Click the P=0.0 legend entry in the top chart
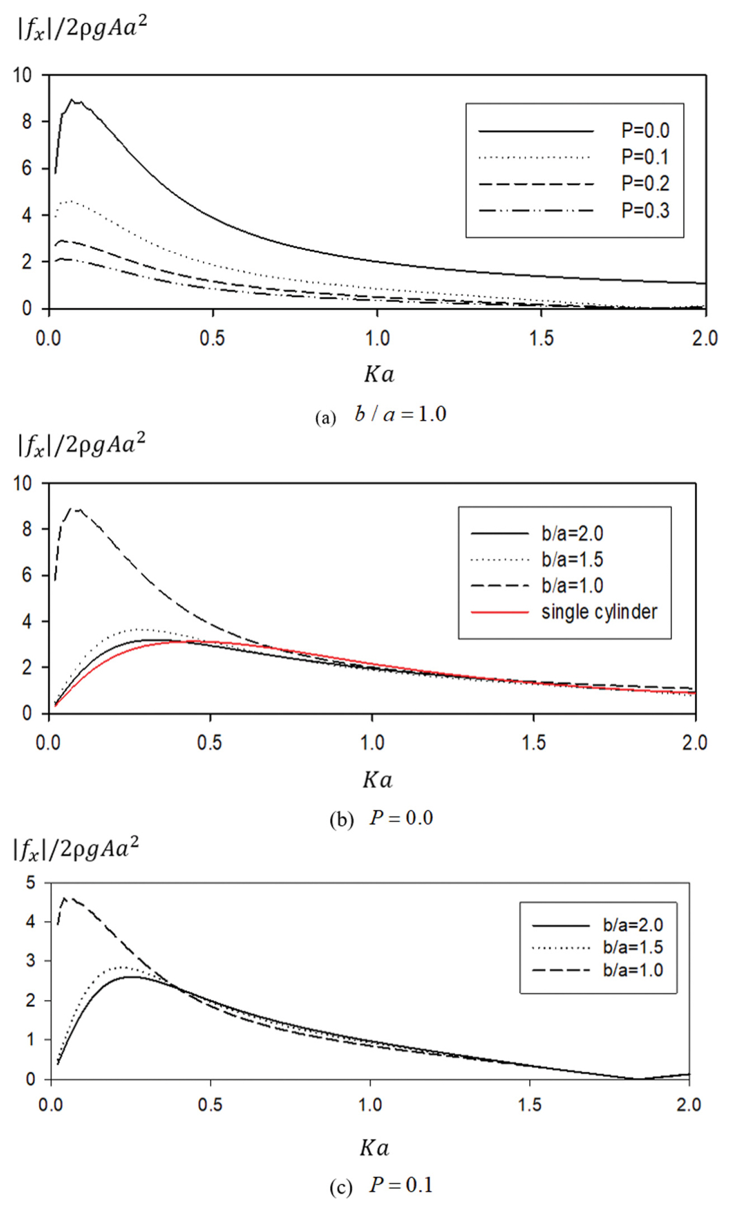click(x=645, y=131)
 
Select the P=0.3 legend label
click(x=645, y=211)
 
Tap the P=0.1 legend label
click(x=645, y=157)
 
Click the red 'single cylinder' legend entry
click(x=599, y=612)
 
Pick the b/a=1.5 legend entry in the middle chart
click(x=572, y=559)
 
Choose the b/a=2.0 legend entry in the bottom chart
click(x=633, y=925)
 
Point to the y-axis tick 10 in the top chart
click(x=22, y=76)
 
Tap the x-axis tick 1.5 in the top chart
click(x=541, y=339)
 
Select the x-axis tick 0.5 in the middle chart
click(x=210, y=743)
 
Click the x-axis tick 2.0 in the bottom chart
click(x=689, y=1105)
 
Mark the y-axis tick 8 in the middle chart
click(x=27, y=529)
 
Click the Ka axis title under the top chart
click(x=379, y=374)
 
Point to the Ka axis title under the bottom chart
click(x=375, y=1148)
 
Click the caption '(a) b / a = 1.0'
click(x=381, y=415)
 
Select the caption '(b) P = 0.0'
click(x=381, y=818)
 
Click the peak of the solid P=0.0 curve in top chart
click(x=72, y=100)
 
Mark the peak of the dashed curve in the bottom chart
click(x=64, y=898)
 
